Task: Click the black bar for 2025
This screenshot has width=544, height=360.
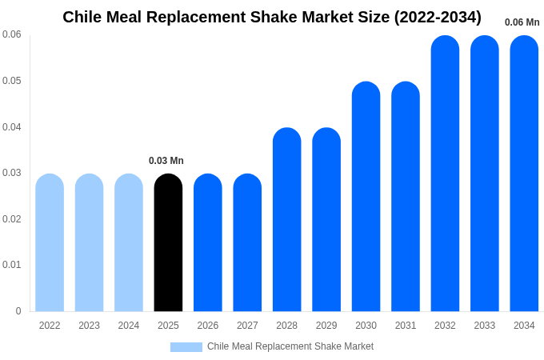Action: click(168, 243)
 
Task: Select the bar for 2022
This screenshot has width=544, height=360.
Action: click(50, 243)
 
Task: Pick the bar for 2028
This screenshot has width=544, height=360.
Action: click(287, 220)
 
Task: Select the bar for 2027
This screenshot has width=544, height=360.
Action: click(247, 243)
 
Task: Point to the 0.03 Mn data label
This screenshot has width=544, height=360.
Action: click(166, 161)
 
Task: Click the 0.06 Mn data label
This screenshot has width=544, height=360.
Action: click(522, 22)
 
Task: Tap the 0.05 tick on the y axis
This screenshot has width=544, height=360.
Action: click(12, 81)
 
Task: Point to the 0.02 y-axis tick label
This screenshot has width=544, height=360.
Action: click(12, 219)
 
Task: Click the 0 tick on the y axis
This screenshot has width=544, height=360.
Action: click(18, 311)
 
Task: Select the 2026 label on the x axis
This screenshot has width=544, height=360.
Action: click(208, 326)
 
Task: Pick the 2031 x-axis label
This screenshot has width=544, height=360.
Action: click(406, 326)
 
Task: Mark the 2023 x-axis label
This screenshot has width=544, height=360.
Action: click(89, 326)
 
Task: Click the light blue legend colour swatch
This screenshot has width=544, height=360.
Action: click(186, 347)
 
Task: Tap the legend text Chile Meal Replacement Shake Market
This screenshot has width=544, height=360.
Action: click(290, 346)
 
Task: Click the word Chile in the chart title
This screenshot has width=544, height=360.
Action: click(83, 17)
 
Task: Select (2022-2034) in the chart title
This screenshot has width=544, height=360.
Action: click(438, 17)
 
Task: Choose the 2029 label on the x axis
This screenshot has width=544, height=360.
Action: click(326, 326)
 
